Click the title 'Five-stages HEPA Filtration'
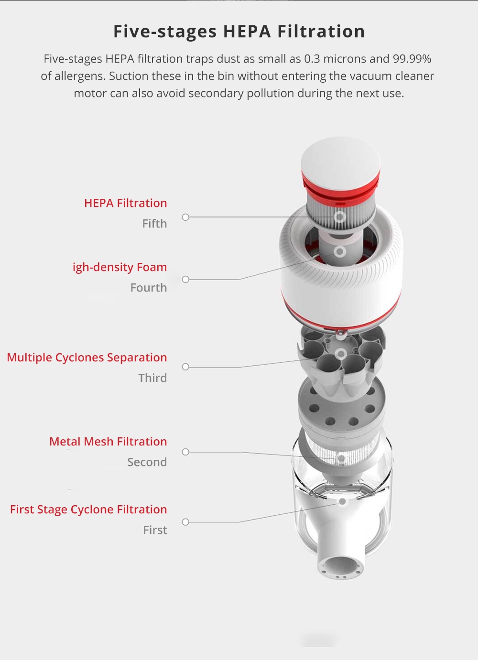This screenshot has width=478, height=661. [239, 31]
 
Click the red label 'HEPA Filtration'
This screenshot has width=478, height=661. [125, 203]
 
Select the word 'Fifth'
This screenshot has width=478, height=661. [154, 224]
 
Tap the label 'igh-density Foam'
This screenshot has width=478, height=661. [120, 267]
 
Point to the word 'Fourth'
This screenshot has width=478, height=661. [148, 288]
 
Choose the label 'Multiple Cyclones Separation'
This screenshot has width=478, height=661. [87, 358]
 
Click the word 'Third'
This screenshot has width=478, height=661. [152, 378]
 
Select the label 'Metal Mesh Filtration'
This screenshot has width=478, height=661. [108, 442]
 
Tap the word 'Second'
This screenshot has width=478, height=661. [147, 462]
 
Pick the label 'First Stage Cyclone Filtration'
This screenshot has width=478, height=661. [88, 509]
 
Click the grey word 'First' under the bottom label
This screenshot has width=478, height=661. [155, 530]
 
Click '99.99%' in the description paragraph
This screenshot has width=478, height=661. [412, 59]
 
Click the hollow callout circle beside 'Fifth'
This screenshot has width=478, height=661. [185, 217]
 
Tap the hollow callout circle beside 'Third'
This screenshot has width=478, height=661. [185, 367]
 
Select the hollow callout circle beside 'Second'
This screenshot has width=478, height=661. [185, 452]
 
